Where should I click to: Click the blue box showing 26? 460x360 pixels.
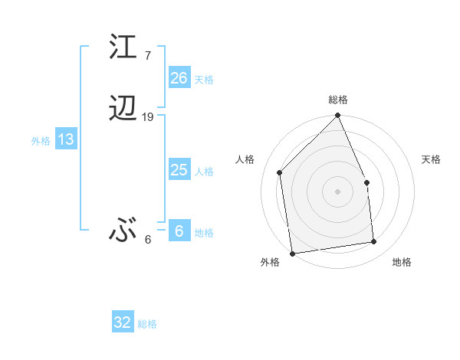179,77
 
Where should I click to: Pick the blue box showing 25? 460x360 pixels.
179,170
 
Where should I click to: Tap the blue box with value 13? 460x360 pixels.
65,139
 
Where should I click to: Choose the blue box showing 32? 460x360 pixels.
122,322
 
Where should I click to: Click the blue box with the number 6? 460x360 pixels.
179,231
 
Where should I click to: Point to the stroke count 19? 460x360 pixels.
148,117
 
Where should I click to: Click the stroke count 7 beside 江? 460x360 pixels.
147,55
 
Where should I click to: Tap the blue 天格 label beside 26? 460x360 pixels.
204,79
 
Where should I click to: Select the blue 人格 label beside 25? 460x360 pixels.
204,172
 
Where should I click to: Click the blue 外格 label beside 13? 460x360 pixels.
41,141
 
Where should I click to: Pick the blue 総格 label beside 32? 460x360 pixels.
147,324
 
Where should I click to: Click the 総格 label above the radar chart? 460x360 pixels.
338,100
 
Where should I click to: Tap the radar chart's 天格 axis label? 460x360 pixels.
432,159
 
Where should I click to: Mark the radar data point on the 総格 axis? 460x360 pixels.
338,116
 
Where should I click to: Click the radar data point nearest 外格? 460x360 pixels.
292,253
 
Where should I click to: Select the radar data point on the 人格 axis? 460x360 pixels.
280,172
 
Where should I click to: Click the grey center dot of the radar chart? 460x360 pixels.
338,191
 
